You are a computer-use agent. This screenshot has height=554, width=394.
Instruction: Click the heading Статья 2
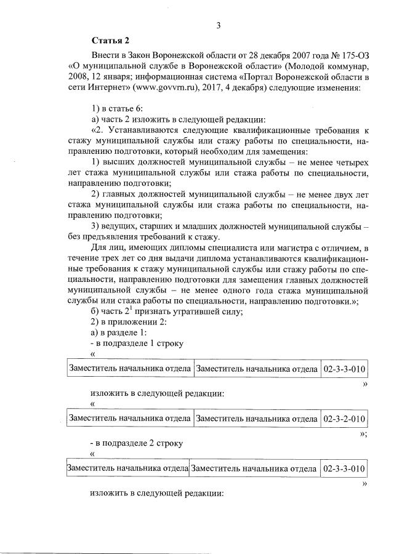[x=111, y=41]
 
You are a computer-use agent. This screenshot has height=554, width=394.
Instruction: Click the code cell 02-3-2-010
[x=344, y=419]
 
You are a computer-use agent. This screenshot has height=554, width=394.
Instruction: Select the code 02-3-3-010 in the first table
[x=344, y=369]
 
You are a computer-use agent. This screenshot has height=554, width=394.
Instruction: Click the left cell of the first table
[x=129, y=369]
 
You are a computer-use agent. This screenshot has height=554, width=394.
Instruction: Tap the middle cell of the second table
[x=256, y=419]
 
